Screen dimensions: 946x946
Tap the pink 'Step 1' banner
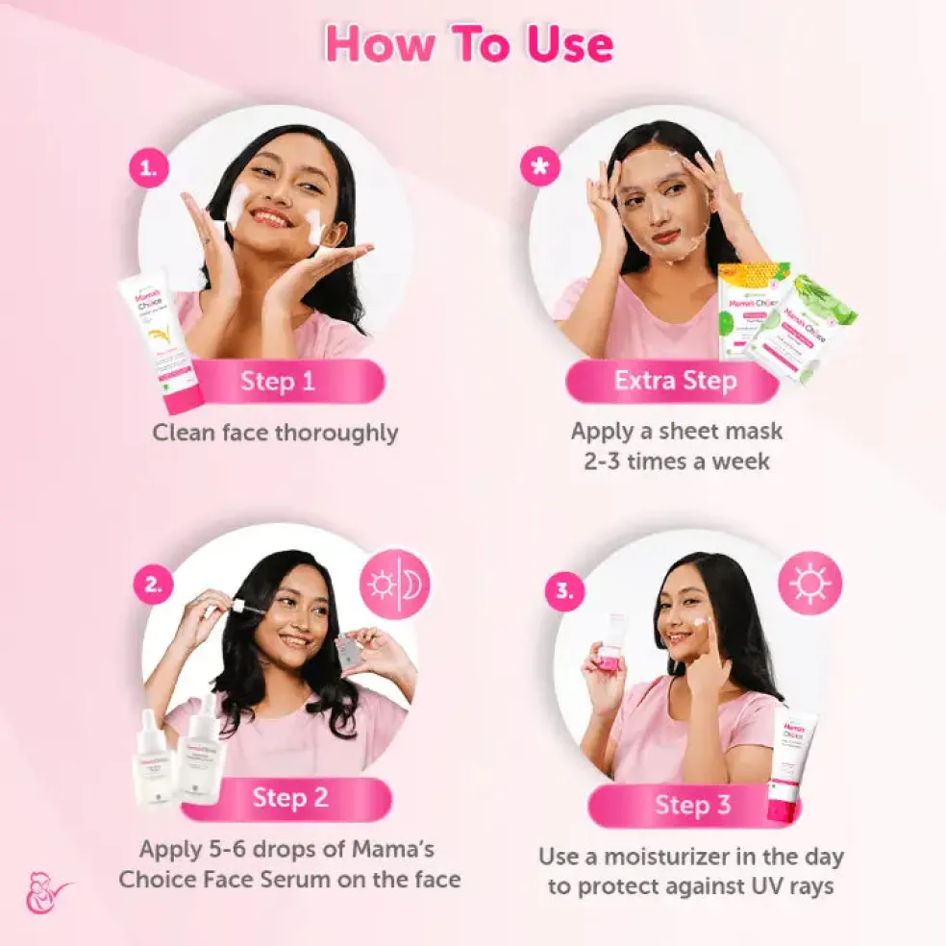click(278, 381)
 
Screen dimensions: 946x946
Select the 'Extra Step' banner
click(675, 381)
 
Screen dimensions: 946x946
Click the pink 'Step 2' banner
click(290, 797)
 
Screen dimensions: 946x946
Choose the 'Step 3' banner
click(692, 805)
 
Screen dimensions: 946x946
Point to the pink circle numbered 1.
click(148, 170)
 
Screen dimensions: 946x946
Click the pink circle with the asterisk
click(539, 167)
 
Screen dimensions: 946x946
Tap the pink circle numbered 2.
click(152, 585)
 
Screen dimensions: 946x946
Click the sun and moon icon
click(394, 585)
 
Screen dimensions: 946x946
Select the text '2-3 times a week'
click(677, 461)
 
